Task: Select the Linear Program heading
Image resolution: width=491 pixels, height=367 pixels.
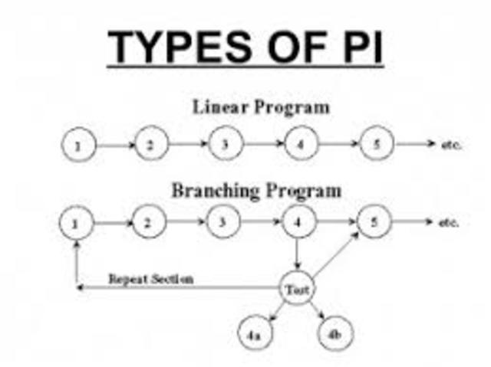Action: tap(260, 107)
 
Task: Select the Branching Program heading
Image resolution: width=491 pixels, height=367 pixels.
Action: tap(256, 189)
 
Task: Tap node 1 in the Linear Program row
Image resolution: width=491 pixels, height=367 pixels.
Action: tap(78, 146)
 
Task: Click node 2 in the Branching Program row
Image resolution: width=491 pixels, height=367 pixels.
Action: tap(150, 223)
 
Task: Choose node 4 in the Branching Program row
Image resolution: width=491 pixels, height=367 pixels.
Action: tap(297, 223)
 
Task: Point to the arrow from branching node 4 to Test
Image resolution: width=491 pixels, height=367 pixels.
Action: tap(297, 254)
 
